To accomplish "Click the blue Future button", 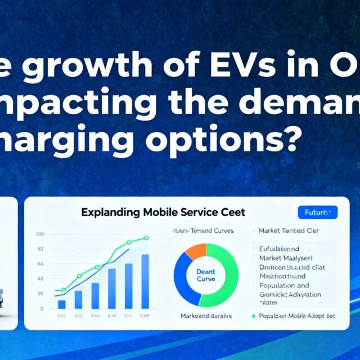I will [317, 213].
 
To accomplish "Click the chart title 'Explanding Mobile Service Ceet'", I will [163, 213].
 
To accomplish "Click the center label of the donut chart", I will [206, 275].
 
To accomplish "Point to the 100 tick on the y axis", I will [39, 234].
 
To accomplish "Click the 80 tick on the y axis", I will [39, 249].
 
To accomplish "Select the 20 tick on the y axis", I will [39, 294].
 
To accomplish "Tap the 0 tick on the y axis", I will [41, 309].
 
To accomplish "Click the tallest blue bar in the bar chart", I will [145, 281].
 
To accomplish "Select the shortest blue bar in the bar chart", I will [62, 304].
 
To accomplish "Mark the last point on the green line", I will [146, 238].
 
